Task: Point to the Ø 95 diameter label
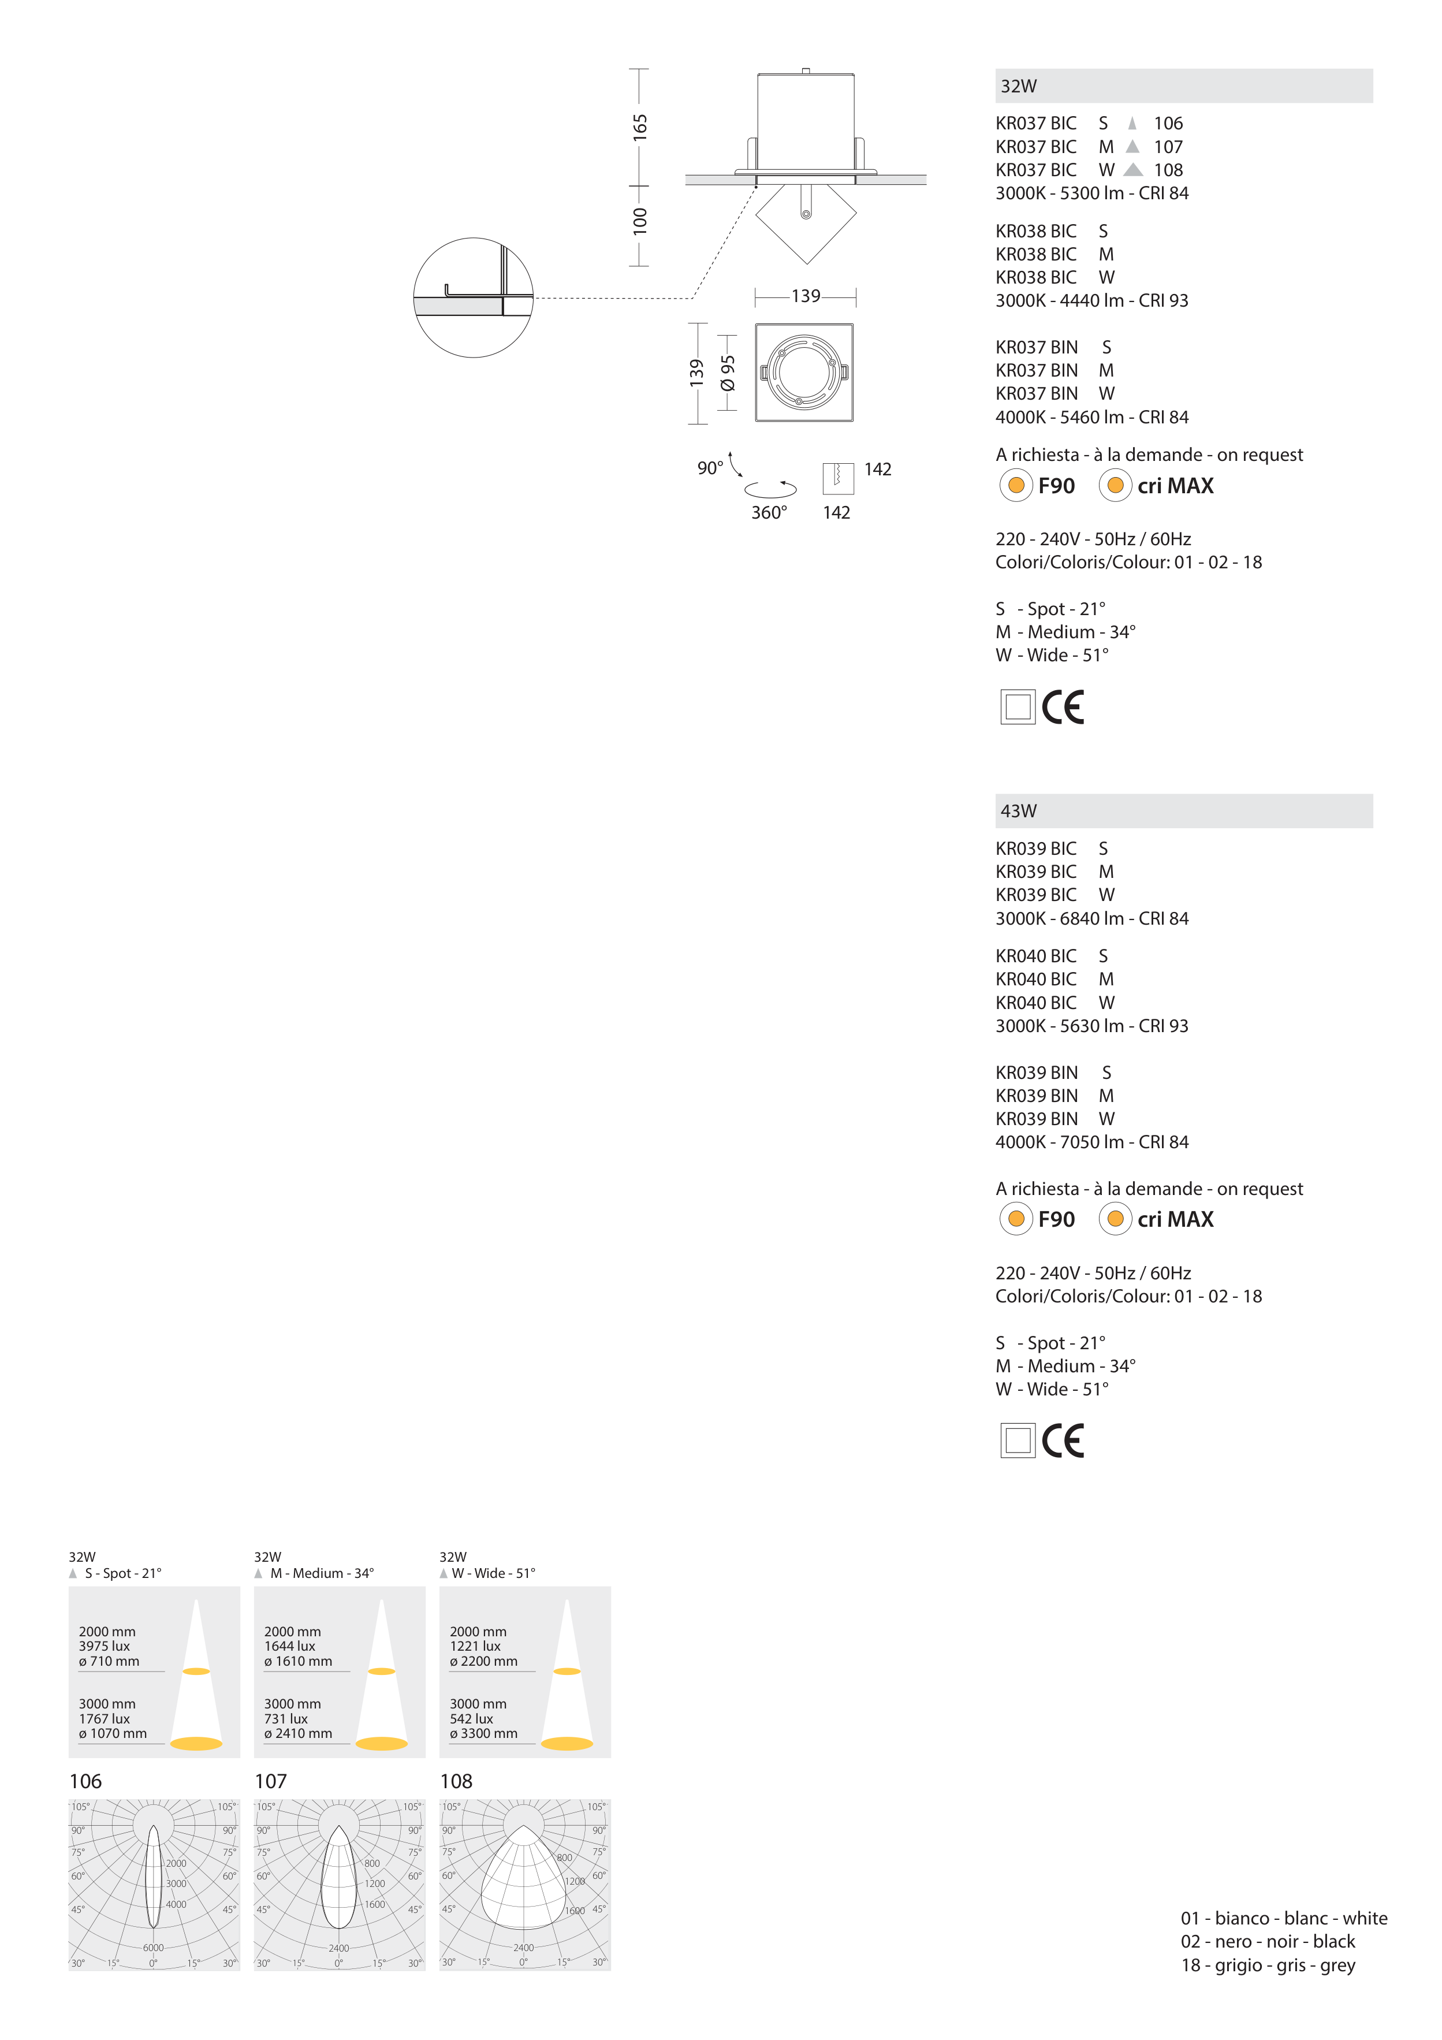(x=728, y=373)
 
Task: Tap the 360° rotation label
(x=769, y=513)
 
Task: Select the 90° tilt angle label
(x=710, y=468)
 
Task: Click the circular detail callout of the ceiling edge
(x=474, y=297)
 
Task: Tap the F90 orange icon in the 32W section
(x=1016, y=485)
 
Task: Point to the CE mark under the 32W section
(x=1063, y=708)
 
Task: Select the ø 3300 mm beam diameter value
(x=483, y=1733)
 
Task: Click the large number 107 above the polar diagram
(x=270, y=1781)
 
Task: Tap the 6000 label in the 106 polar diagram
(x=153, y=1948)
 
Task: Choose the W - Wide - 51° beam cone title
(x=493, y=1573)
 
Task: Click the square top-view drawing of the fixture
(x=804, y=373)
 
